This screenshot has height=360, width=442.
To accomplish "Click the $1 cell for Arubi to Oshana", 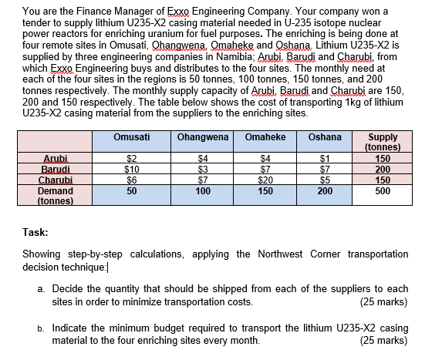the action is pos(325,159).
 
